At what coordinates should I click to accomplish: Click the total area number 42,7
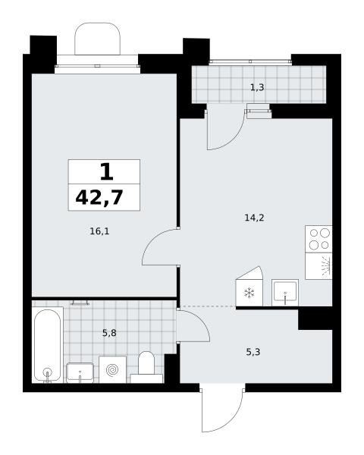coord(99,197)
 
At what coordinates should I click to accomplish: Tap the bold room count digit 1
coord(106,171)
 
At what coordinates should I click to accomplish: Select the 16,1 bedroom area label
coord(99,231)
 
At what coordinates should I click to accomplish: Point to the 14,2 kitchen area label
coord(254,218)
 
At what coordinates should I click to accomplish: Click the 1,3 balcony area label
coord(257,87)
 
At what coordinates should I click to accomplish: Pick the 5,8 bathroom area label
coord(109,333)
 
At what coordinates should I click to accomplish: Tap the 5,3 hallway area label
coord(253,352)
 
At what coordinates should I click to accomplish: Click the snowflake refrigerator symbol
coord(249,293)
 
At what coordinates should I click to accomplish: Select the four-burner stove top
coord(318,239)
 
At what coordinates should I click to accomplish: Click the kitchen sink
coord(285,293)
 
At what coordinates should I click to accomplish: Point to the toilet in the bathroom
coord(146,367)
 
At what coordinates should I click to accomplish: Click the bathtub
coord(48,345)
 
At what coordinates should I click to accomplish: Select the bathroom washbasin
coord(80,372)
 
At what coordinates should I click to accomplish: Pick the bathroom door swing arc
coord(202,320)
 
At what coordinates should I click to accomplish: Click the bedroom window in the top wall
coord(98,66)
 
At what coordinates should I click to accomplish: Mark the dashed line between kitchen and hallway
coord(208,306)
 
